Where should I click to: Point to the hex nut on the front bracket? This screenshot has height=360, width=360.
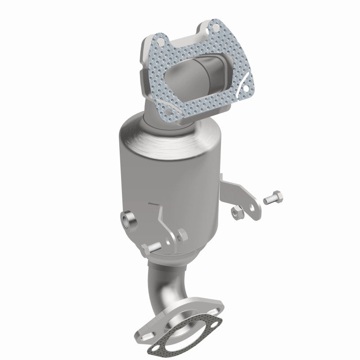(x=180, y=234)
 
